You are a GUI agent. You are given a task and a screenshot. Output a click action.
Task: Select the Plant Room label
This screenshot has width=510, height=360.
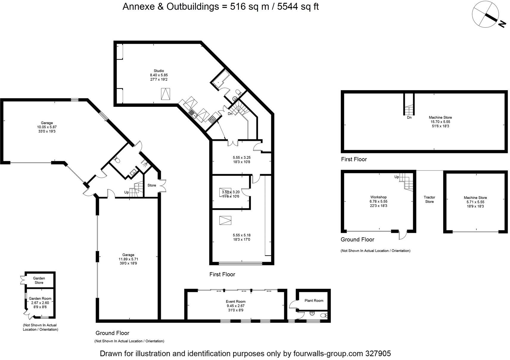tap(314, 300)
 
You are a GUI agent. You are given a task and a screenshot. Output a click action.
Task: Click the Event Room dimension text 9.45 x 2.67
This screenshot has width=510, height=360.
tap(235, 306)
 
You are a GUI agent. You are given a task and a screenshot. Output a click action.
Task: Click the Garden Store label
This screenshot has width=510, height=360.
tap(39, 280)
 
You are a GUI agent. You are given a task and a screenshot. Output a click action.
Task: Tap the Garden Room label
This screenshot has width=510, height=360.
tap(40, 298)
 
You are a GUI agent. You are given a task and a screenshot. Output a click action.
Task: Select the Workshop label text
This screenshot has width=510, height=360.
tap(378, 197)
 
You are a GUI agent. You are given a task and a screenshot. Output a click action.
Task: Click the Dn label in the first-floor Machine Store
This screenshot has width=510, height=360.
tap(409, 118)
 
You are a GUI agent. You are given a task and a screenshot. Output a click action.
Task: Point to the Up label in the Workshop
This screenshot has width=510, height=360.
tap(397, 177)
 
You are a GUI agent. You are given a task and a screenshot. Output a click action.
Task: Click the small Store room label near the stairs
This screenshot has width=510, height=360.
tap(152, 185)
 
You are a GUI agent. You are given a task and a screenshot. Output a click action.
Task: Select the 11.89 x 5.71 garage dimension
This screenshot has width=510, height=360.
tap(128, 259)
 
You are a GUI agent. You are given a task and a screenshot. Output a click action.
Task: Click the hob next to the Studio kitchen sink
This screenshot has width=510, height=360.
tap(212, 119)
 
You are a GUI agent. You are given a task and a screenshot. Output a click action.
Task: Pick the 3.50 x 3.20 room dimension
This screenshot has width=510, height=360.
tap(231, 192)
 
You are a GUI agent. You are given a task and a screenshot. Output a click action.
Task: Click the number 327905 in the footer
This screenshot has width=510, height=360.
tap(378, 353)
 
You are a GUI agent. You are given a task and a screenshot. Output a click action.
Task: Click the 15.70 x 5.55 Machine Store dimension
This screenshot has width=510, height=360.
tap(440, 122)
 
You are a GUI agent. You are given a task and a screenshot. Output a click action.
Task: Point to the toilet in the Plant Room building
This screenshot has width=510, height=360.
tap(324, 315)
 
